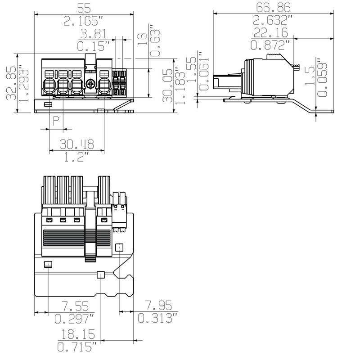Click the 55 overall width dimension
click(x=84, y=8)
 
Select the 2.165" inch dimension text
click(x=84, y=21)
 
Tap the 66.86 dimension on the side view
click(x=273, y=8)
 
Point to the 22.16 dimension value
click(x=270, y=33)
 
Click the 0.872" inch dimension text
click(x=270, y=45)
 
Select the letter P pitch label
click(x=56, y=121)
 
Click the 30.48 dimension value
click(x=77, y=144)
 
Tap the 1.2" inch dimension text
click(x=77, y=157)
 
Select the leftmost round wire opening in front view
click(x=49, y=84)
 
